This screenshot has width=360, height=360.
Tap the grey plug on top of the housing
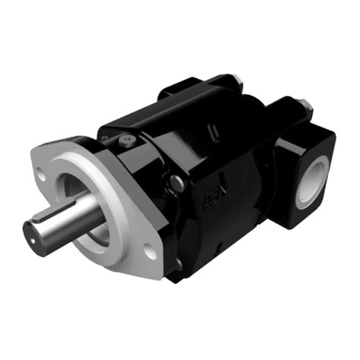[127, 141]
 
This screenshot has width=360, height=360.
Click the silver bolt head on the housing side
[175, 181]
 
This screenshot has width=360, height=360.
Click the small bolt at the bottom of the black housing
[179, 263]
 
